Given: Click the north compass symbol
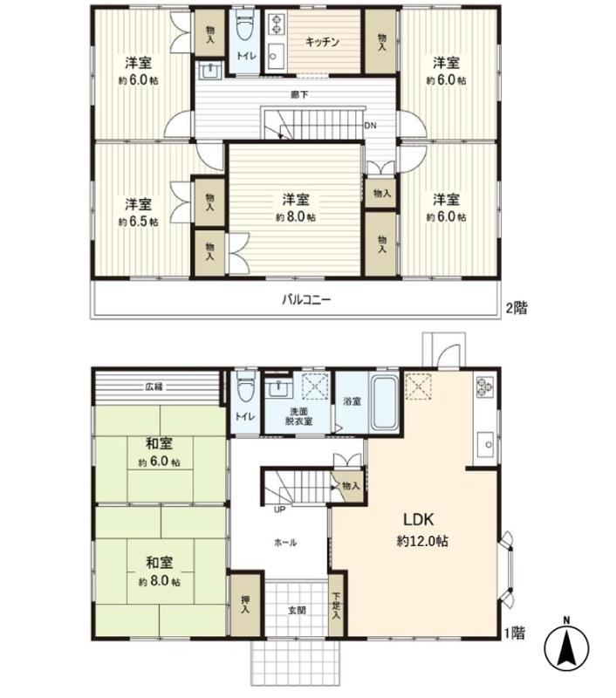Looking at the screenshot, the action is pyautogui.click(x=566, y=647).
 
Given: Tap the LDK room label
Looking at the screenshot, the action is pyautogui.click(x=419, y=519).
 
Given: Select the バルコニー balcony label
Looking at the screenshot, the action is pyautogui.click(x=306, y=299).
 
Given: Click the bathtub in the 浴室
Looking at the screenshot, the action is pyautogui.click(x=384, y=403).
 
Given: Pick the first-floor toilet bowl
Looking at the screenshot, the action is pyautogui.click(x=246, y=386).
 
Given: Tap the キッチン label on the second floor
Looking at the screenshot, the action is pyautogui.click(x=322, y=42).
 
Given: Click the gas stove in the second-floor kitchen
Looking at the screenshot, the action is pyautogui.click(x=277, y=24).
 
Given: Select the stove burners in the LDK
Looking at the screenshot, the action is pyautogui.click(x=484, y=387).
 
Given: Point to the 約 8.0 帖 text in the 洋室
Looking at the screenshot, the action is pyautogui.click(x=296, y=217).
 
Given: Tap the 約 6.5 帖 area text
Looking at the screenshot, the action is pyautogui.click(x=138, y=222).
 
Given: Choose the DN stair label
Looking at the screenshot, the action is pyautogui.click(x=370, y=126).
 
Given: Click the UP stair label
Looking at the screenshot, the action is pyautogui.click(x=279, y=510).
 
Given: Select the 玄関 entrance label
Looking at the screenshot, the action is pyautogui.click(x=297, y=610).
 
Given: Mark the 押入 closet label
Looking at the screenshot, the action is pyautogui.click(x=245, y=605).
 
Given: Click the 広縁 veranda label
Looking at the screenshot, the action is pyautogui.click(x=154, y=387).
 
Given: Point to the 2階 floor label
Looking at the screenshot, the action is pyautogui.click(x=517, y=308).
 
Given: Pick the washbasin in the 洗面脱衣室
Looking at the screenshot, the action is pyautogui.click(x=278, y=389).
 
